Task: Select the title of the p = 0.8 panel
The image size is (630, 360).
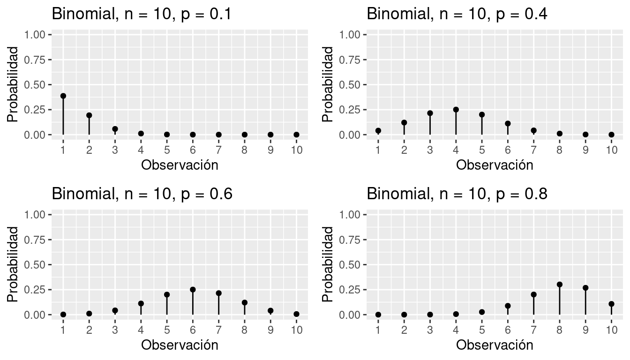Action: pos(457,194)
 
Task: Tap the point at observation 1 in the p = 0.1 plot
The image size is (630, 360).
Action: pos(63,96)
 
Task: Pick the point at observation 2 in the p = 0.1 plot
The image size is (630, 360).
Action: pos(89,115)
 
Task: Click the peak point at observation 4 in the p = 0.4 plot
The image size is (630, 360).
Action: pos(456,110)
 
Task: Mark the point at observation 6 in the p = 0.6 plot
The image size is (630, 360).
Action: pos(193,290)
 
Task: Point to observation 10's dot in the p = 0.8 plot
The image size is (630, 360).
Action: pos(611,304)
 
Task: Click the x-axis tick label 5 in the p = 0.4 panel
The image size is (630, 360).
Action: pos(482,150)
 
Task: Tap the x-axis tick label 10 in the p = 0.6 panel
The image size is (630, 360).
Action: pos(296,330)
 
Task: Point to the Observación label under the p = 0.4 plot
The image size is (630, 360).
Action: pos(495,165)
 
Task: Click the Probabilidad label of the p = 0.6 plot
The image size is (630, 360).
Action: pos(13,264)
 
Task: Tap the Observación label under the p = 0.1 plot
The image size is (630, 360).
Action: pos(180,165)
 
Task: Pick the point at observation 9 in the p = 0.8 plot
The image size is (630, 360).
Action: pos(585,288)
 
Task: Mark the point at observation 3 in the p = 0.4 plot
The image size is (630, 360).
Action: pos(430,113)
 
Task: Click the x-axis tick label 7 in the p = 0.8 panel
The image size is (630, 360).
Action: pos(533,330)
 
